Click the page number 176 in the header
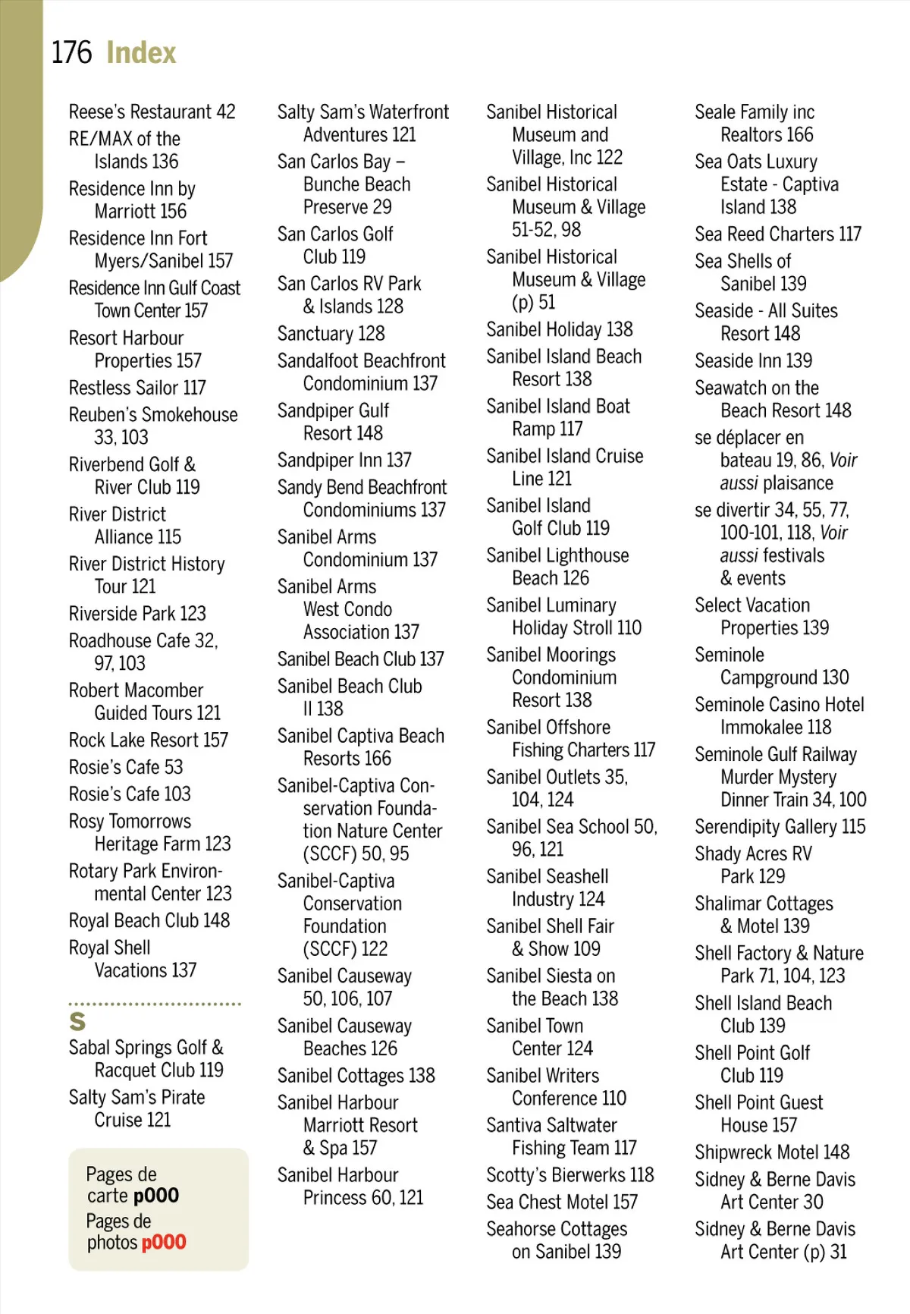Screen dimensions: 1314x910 click(71, 53)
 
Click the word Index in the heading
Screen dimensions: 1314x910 click(141, 53)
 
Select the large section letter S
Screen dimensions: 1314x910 click(77, 1021)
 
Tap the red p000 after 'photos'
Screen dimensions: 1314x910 click(163, 1243)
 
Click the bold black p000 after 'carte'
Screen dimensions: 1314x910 click(155, 1196)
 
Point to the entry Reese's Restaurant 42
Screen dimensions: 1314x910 click(152, 112)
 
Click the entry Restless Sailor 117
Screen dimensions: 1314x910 click(137, 388)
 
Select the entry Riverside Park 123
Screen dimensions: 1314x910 click(137, 613)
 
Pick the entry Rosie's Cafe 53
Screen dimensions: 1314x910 click(126, 767)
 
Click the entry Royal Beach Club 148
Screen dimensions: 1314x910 click(149, 920)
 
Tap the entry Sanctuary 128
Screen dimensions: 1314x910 click(331, 334)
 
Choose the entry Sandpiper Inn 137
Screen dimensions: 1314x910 click(344, 460)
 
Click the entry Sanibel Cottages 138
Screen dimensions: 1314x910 click(356, 1076)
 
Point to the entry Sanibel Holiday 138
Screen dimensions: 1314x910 click(559, 329)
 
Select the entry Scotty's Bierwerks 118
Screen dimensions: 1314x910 click(570, 1175)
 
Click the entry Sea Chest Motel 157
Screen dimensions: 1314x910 click(561, 1202)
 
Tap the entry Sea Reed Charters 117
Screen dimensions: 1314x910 click(778, 234)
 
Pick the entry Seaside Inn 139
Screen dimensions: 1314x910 click(753, 361)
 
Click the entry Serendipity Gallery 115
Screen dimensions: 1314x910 click(780, 827)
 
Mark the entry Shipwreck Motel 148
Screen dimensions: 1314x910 click(772, 1152)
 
